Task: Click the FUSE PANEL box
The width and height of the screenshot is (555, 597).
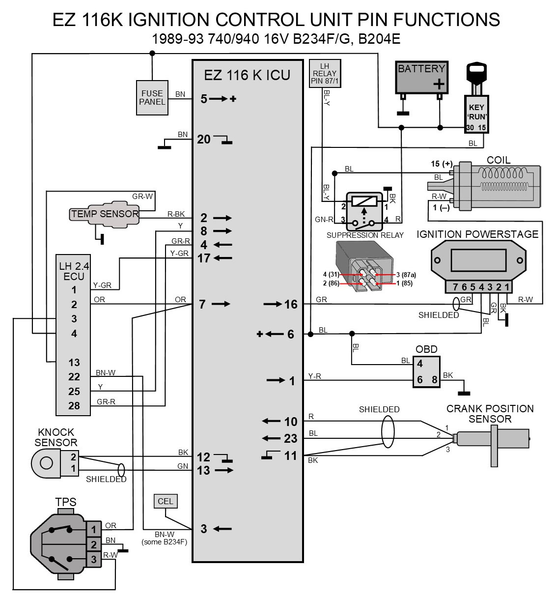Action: [152, 98]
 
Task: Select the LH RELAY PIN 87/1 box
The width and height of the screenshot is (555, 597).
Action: [325, 73]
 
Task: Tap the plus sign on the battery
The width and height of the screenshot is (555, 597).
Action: [439, 84]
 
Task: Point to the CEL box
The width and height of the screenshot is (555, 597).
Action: [165, 501]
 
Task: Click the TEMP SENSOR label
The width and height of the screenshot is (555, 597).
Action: [105, 214]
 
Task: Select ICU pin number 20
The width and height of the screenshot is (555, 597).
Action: [203, 140]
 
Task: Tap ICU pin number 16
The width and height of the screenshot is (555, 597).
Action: [291, 304]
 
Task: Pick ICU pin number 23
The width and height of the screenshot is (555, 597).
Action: [291, 438]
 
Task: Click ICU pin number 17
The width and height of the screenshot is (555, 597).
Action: [204, 258]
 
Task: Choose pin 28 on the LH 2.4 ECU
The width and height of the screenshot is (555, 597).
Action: [74, 405]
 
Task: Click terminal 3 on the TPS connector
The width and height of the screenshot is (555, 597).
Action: [94, 559]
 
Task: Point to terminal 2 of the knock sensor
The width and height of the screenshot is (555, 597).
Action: [73, 457]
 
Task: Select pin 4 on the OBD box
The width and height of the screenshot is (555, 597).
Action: [420, 364]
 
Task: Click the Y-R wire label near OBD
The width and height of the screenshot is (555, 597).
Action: [315, 376]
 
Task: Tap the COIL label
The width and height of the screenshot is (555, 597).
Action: [499, 160]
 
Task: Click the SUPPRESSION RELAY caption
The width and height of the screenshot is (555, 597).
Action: [365, 235]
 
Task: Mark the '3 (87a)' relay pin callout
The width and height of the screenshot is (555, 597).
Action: [406, 275]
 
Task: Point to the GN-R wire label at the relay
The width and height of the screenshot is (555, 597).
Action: [324, 220]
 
